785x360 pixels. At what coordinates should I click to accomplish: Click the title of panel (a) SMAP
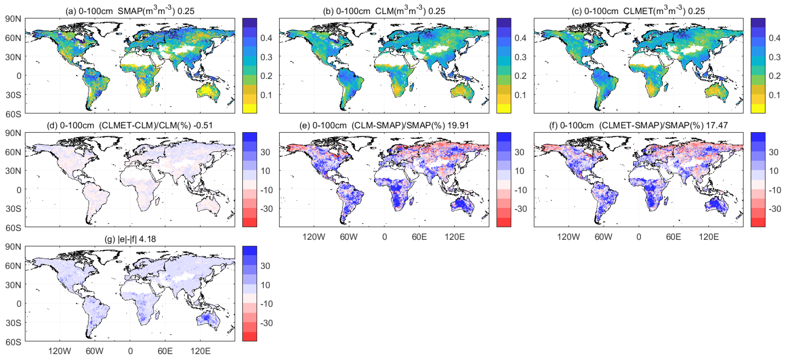(130, 11)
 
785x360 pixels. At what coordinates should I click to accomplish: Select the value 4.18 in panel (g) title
(147, 239)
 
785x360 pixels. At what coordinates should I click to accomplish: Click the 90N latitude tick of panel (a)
(13, 19)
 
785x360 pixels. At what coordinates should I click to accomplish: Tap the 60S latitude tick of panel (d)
(13, 228)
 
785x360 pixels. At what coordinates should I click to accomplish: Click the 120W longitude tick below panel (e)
(314, 237)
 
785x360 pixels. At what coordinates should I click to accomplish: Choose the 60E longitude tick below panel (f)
(674, 237)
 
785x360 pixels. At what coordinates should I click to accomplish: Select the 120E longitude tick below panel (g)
(200, 351)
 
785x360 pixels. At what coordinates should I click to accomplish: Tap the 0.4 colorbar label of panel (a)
(266, 38)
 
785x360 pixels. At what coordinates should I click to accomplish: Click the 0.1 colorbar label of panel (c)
(774, 95)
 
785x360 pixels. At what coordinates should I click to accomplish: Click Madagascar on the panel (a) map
(158, 88)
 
